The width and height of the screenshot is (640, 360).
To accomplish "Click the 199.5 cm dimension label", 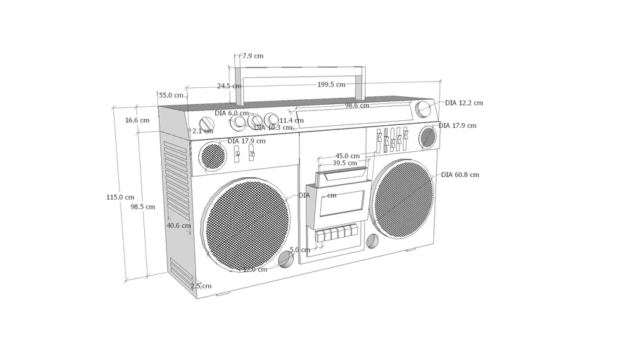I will [x=331, y=84].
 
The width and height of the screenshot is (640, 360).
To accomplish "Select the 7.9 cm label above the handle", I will [x=252, y=56].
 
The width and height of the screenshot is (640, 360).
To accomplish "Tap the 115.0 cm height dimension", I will [x=120, y=198].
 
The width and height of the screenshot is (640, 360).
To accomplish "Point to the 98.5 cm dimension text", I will [x=142, y=207].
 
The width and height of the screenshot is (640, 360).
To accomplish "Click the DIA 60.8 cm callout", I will [x=460, y=175].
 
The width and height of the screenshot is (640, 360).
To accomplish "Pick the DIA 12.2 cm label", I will [x=463, y=103].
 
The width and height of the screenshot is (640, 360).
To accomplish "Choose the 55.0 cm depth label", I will [x=170, y=95].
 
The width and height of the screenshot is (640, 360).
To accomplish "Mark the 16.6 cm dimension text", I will [x=137, y=120].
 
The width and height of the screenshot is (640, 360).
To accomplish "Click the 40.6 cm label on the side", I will [x=179, y=226].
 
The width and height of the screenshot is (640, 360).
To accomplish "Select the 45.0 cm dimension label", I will [x=347, y=156].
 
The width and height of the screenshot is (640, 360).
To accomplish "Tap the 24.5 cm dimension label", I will [x=229, y=86].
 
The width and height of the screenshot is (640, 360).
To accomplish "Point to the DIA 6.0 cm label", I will [x=231, y=113].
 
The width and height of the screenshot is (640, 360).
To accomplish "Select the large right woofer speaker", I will [x=402, y=198].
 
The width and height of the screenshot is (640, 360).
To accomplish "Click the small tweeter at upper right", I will [x=428, y=137].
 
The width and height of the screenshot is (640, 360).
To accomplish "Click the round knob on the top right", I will [x=423, y=109].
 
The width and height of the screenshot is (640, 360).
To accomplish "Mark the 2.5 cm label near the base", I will [x=200, y=286].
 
